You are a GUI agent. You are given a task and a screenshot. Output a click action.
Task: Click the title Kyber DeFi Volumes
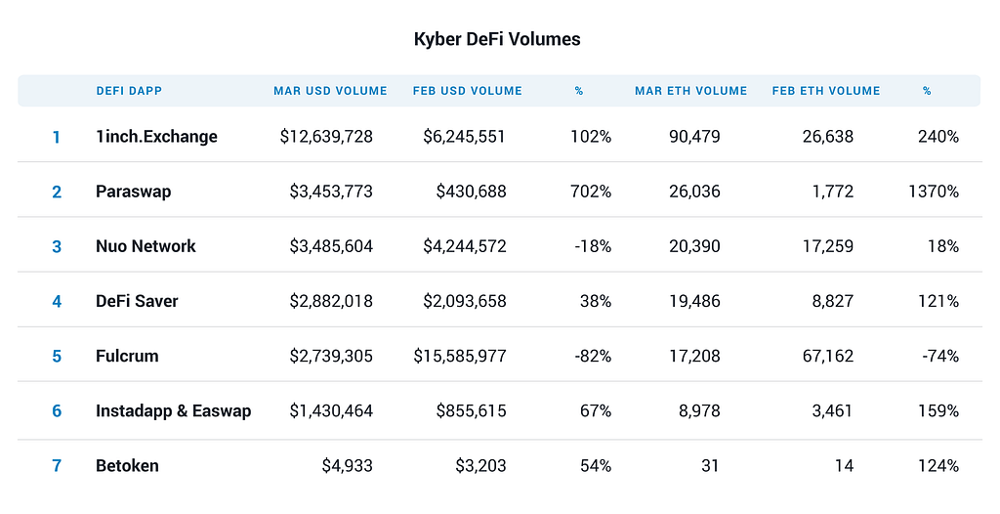pyautogui.click(x=497, y=40)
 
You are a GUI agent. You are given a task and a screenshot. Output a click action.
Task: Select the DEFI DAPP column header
pyautogui.click(x=129, y=91)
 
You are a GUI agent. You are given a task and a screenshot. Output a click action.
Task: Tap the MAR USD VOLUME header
pyautogui.click(x=330, y=91)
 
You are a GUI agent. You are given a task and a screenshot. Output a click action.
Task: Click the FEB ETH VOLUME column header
pyautogui.click(x=826, y=91)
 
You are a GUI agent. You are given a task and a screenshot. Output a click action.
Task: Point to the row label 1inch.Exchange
pyautogui.click(x=156, y=137)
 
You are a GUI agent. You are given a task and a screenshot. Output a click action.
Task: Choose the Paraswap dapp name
pyautogui.click(x=133, y=192)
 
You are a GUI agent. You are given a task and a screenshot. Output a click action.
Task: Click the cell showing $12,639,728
pyautogui.click(x=326, y=137)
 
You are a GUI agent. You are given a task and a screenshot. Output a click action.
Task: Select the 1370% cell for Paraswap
pyautogui.click(x=934, y=192)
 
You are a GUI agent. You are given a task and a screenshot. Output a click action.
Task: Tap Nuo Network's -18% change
pyautogui.click(x=593, y=246)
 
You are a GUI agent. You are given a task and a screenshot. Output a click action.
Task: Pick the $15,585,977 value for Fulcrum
pyautogui.click(x=460, y=357)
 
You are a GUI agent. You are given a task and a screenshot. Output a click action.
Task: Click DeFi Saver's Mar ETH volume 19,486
pyautogui.click(x=694, y=301)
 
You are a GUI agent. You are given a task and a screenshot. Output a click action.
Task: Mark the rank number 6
pyautogui.click(x=57, y=411)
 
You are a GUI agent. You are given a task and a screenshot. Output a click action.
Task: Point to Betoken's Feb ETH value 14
pyautogui.click(x=844, y=466)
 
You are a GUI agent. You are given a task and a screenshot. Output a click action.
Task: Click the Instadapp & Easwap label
pyautogui.click(x=174, y=411)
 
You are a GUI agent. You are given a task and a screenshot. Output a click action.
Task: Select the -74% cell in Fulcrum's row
pyautogui.click(x=940, y=357)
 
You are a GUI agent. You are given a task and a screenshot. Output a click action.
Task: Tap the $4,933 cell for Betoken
pyautogui.click(x=347, y=466)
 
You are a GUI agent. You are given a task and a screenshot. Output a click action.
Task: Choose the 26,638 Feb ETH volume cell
pyautogui.click(x=828, y=137)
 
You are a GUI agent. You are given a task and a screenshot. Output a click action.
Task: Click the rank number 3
pyautogui.click(x=57, y=246)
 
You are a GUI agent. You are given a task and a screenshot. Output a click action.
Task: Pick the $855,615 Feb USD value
pyautogui.click(x=472, y=411)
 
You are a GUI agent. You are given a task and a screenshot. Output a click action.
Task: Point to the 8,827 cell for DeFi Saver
pyautogui.click(x=832, y=301)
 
